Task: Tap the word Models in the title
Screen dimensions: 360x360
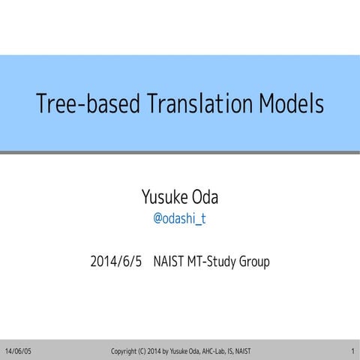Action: [x=292, y=103]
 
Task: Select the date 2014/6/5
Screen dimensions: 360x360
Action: [x=115, y=262]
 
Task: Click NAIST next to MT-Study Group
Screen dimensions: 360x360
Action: [x=170, y=262]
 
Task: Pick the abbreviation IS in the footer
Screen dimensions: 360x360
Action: [x=251, y=351]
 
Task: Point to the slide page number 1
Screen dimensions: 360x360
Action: [x=352, y=351]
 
